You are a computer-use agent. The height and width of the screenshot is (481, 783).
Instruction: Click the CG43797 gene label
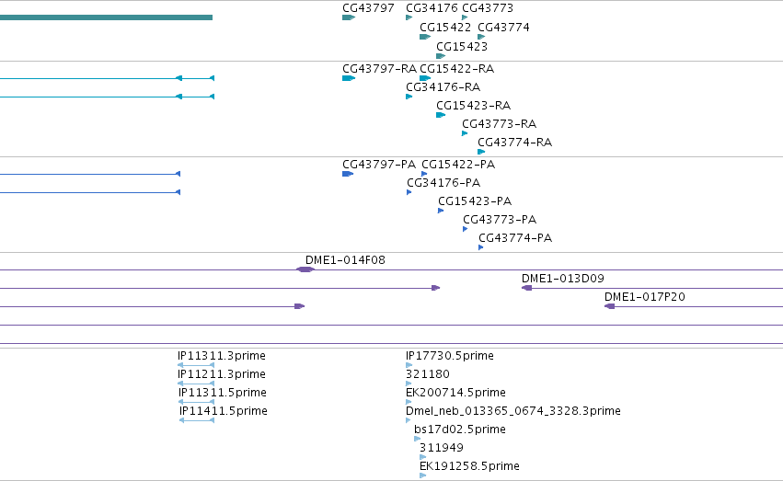(x=368, y=8)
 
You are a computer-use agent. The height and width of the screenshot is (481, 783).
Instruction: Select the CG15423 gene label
(x=461, y=46)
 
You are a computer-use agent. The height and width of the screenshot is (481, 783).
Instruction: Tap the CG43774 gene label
(x=503, y=28)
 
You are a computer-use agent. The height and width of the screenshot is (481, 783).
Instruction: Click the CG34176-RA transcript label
(x=443, y=87)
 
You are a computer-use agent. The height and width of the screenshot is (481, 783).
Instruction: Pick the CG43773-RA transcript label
(x=499, y=124)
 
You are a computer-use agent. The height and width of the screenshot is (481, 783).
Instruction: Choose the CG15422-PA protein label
(x=458, y=165)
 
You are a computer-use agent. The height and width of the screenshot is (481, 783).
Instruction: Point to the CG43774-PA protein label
(x=515, y=238)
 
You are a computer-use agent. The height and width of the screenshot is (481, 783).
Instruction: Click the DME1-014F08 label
(x=345, y=260)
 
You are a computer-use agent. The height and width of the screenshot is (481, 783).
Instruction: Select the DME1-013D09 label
(x=563, y=279)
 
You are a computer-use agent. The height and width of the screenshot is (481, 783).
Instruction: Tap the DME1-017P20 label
(x=645, y=297)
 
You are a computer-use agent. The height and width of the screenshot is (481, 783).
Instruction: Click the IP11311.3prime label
(x=222, y=356)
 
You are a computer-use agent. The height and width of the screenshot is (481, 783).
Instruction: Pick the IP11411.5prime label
(x=224, y=411)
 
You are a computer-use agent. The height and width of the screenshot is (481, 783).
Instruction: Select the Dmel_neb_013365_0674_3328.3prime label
(x=513, y=411)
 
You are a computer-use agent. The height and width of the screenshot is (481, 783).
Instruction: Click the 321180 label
(x=428, y=374)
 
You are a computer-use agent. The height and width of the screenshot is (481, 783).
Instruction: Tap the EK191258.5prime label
(x=469, y=466)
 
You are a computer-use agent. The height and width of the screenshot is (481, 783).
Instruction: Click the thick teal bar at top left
(x=106, y=17)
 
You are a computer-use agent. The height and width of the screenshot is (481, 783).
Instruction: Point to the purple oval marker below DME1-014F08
(x=305, y=269)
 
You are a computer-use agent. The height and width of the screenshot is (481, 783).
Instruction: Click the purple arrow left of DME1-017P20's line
(x=610, y=306)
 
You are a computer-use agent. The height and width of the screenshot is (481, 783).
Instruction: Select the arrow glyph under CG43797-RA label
(x=349, y=78)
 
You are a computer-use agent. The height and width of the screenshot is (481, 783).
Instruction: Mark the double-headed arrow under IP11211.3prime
(x=196, y=384)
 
